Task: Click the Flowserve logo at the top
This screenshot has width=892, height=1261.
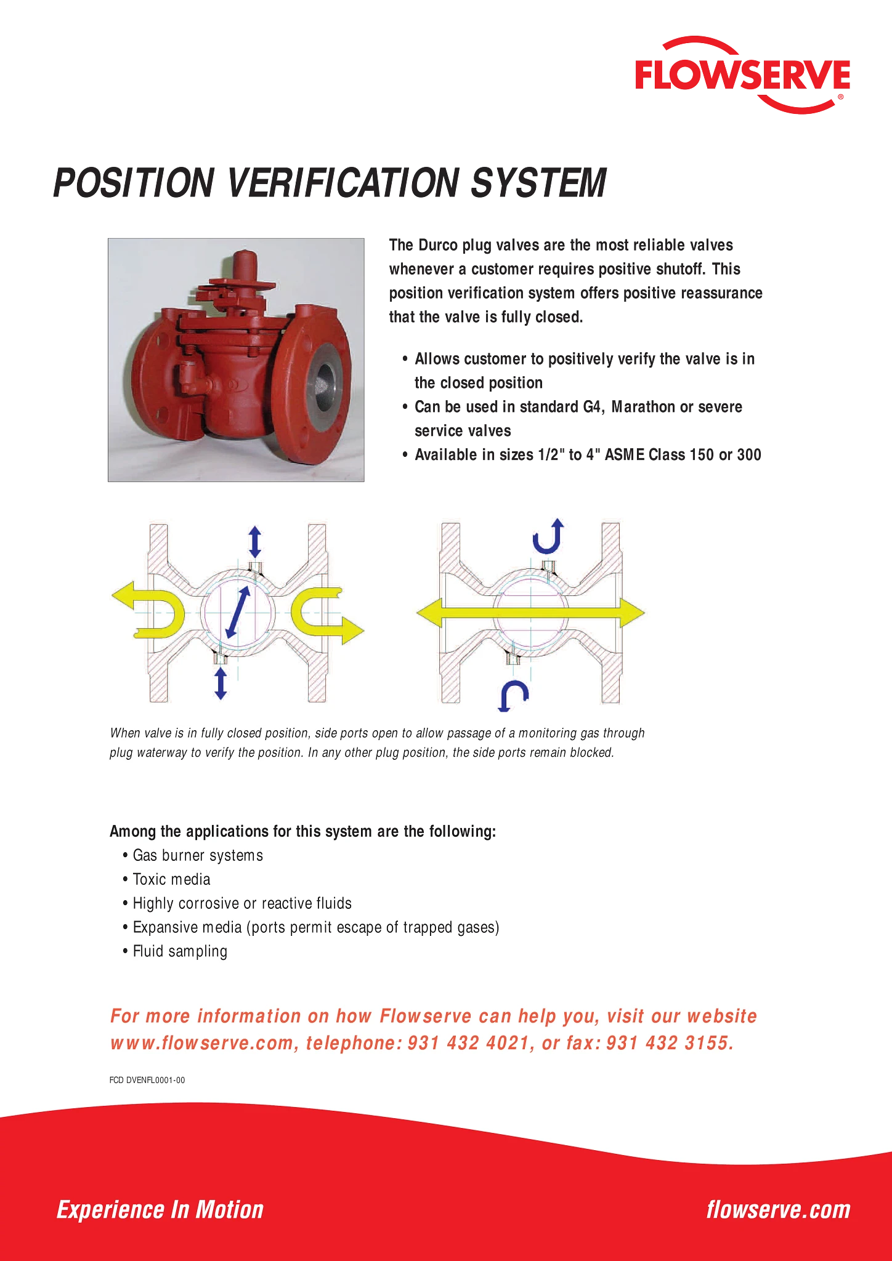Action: [742, 75]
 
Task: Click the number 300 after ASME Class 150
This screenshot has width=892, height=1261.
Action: [749, 455]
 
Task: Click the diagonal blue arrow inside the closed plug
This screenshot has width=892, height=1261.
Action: [238, 611]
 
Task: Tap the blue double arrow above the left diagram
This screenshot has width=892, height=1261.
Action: [254, 542]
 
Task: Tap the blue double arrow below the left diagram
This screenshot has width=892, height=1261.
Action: [221, 683]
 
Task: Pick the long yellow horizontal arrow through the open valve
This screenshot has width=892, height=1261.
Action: [530, 613]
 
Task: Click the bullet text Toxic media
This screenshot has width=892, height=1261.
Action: [171, 879]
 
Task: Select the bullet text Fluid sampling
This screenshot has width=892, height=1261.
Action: [180, 952]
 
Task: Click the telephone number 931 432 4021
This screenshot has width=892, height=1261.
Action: [468, 1043]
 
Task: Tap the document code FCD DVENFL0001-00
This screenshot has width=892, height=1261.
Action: [147, 1080]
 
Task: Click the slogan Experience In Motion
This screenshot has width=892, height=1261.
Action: [160, 1210]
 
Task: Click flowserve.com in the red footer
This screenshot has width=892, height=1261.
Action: [779, 1210]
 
